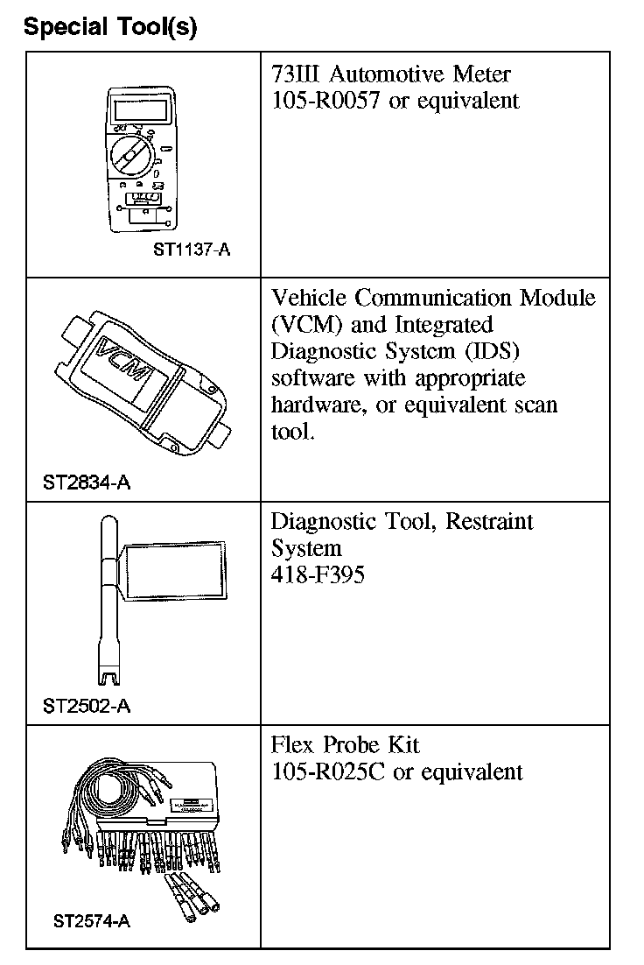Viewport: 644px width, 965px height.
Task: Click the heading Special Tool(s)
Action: [110, 27]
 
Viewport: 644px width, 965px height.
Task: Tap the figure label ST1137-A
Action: [192, 250]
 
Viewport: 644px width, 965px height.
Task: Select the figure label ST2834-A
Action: [87, 482]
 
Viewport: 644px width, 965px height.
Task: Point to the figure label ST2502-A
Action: [87, 706]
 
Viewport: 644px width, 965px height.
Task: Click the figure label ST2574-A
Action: [92, 921]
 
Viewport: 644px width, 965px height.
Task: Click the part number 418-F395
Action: [318, 574]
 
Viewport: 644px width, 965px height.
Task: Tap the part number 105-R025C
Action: [319, 771]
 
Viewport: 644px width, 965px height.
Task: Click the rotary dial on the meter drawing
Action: [130, 155]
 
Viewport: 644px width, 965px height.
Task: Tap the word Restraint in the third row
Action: [489, 523]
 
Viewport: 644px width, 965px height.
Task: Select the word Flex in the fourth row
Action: [293, 745]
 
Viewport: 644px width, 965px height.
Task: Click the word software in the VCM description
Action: [310, 379]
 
